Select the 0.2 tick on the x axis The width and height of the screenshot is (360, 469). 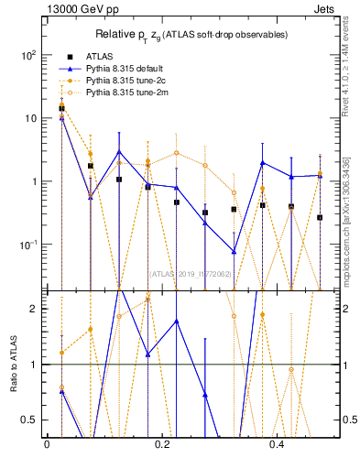[x=162, y=444]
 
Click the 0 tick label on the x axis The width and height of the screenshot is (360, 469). [x=47, y=444]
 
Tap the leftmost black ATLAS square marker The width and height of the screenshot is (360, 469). [x=61, y=108]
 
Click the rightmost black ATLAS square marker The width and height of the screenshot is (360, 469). [x=320, y=217]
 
